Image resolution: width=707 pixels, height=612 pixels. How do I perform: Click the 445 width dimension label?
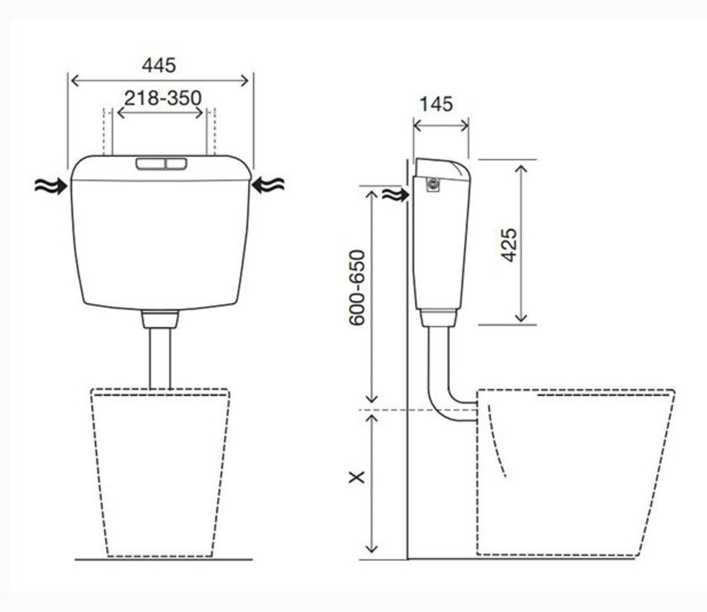tap(158, 66)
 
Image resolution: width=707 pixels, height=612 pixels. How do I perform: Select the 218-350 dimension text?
tap(163, 98)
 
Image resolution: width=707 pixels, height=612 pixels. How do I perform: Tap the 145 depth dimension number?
tap(436, 105)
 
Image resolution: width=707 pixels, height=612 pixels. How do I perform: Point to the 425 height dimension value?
tap(509, 245)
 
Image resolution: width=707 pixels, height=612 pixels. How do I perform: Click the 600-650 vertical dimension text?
tap(356, 288)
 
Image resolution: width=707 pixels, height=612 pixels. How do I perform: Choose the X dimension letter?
tap(357, 477)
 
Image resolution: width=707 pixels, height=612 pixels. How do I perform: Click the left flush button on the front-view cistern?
tap(151, 163)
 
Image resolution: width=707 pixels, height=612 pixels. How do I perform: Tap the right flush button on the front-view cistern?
tap(176, 163)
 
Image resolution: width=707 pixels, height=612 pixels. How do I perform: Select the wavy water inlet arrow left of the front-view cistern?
tap(51, 186)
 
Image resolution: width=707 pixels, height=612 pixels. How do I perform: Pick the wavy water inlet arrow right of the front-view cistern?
tap(268, 184)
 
